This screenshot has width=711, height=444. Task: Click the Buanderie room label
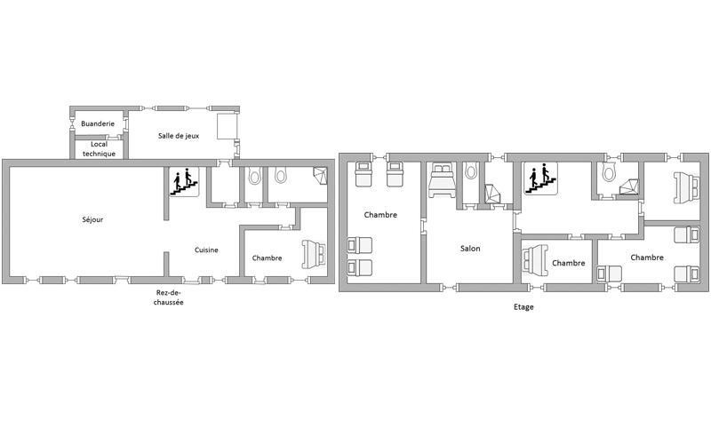coord(98,123)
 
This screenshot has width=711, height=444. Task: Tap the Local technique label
coord(99,149)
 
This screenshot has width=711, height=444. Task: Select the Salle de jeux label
coord(179,136)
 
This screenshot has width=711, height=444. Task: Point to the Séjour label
coord(92,219)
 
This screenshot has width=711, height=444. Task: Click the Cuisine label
coord(206,250)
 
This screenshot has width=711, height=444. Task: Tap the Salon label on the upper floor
coord(470,249)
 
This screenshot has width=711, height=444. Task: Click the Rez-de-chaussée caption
coord(168,297)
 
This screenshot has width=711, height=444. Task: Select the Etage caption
coord(523,307)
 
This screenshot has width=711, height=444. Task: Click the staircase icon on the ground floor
coord(184,182)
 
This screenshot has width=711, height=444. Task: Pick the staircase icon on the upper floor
coord(541,179)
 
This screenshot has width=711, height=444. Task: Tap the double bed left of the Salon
coord(442,180)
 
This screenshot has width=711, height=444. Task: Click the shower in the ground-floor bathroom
coord(320,176)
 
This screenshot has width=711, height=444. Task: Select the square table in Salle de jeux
coord(228,126)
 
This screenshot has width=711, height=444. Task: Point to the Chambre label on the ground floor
coord(268,258)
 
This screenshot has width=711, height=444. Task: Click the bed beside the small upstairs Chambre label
coord(535,260)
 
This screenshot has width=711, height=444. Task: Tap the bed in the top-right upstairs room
coord(686,188)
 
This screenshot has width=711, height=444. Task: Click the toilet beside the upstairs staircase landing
coord(608,172)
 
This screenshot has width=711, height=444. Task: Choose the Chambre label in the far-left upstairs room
coord(380,215)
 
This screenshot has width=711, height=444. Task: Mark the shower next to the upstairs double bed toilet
coord(492,194)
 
